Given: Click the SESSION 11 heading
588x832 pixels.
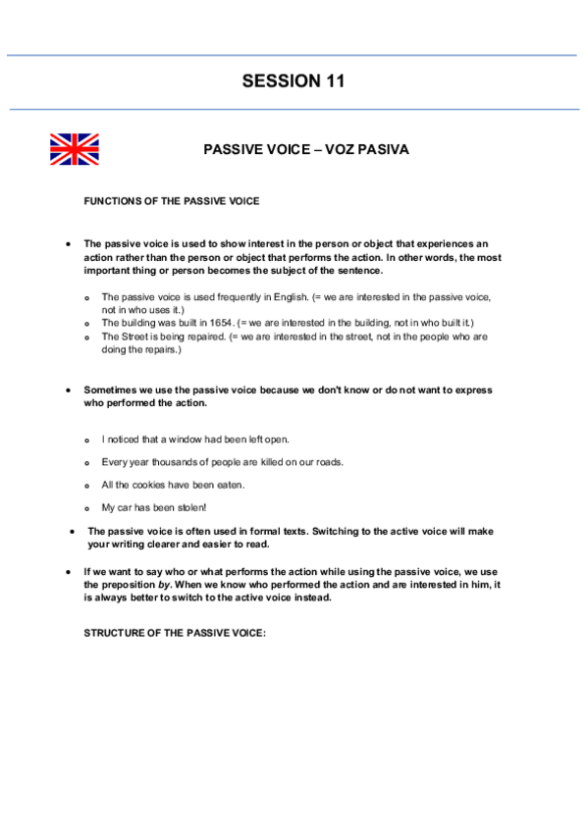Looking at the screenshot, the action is (x=294, y=81).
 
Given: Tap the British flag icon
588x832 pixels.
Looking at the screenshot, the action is (x=75, y=149).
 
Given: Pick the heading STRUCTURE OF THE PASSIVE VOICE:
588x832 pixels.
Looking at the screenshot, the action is (x=175, y=633).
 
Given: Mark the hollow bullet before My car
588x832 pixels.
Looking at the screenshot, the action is (x=87, y=508).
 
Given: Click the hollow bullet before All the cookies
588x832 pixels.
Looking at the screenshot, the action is (x=87, y=486).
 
